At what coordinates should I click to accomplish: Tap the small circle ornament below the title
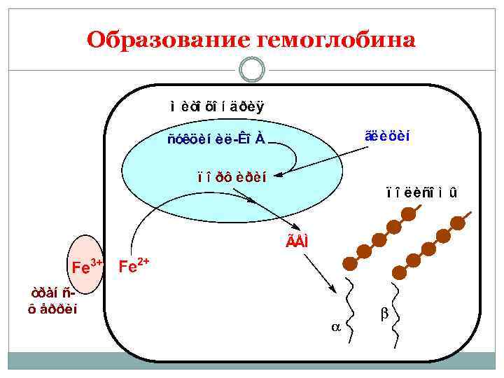coord(251,69)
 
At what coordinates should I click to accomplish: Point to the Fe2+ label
coord(134,266)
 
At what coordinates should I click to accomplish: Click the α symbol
coord(334,326)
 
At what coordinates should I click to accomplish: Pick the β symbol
coord(384,315)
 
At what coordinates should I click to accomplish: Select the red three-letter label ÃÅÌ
coord(296,241)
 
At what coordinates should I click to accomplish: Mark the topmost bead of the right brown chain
coord(458,223)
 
